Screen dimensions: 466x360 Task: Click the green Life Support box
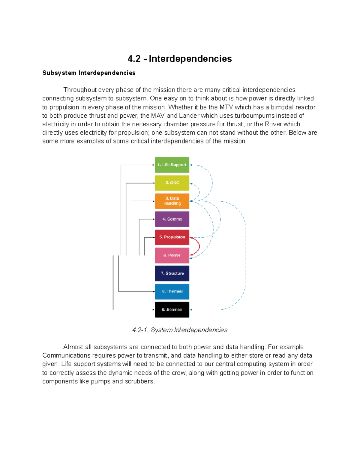coord(172,165)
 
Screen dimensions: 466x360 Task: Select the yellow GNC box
coord(172,183)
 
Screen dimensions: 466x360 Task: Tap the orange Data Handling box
coord(172,201)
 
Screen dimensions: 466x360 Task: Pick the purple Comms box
coord(172,219)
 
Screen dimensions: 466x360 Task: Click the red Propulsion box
coord(172,237)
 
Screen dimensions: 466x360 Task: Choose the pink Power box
coord(172,255)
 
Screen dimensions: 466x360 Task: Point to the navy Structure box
coord(172,273)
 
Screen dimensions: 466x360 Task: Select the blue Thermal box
coord(172,291)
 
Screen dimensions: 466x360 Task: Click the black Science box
coord(172,310)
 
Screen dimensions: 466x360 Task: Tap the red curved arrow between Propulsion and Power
coord(199,246)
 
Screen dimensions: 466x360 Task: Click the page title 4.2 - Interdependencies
coord(179,59)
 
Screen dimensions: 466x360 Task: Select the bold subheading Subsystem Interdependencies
coord(89,73)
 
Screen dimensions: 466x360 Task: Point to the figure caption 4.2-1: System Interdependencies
coord(180,330)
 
